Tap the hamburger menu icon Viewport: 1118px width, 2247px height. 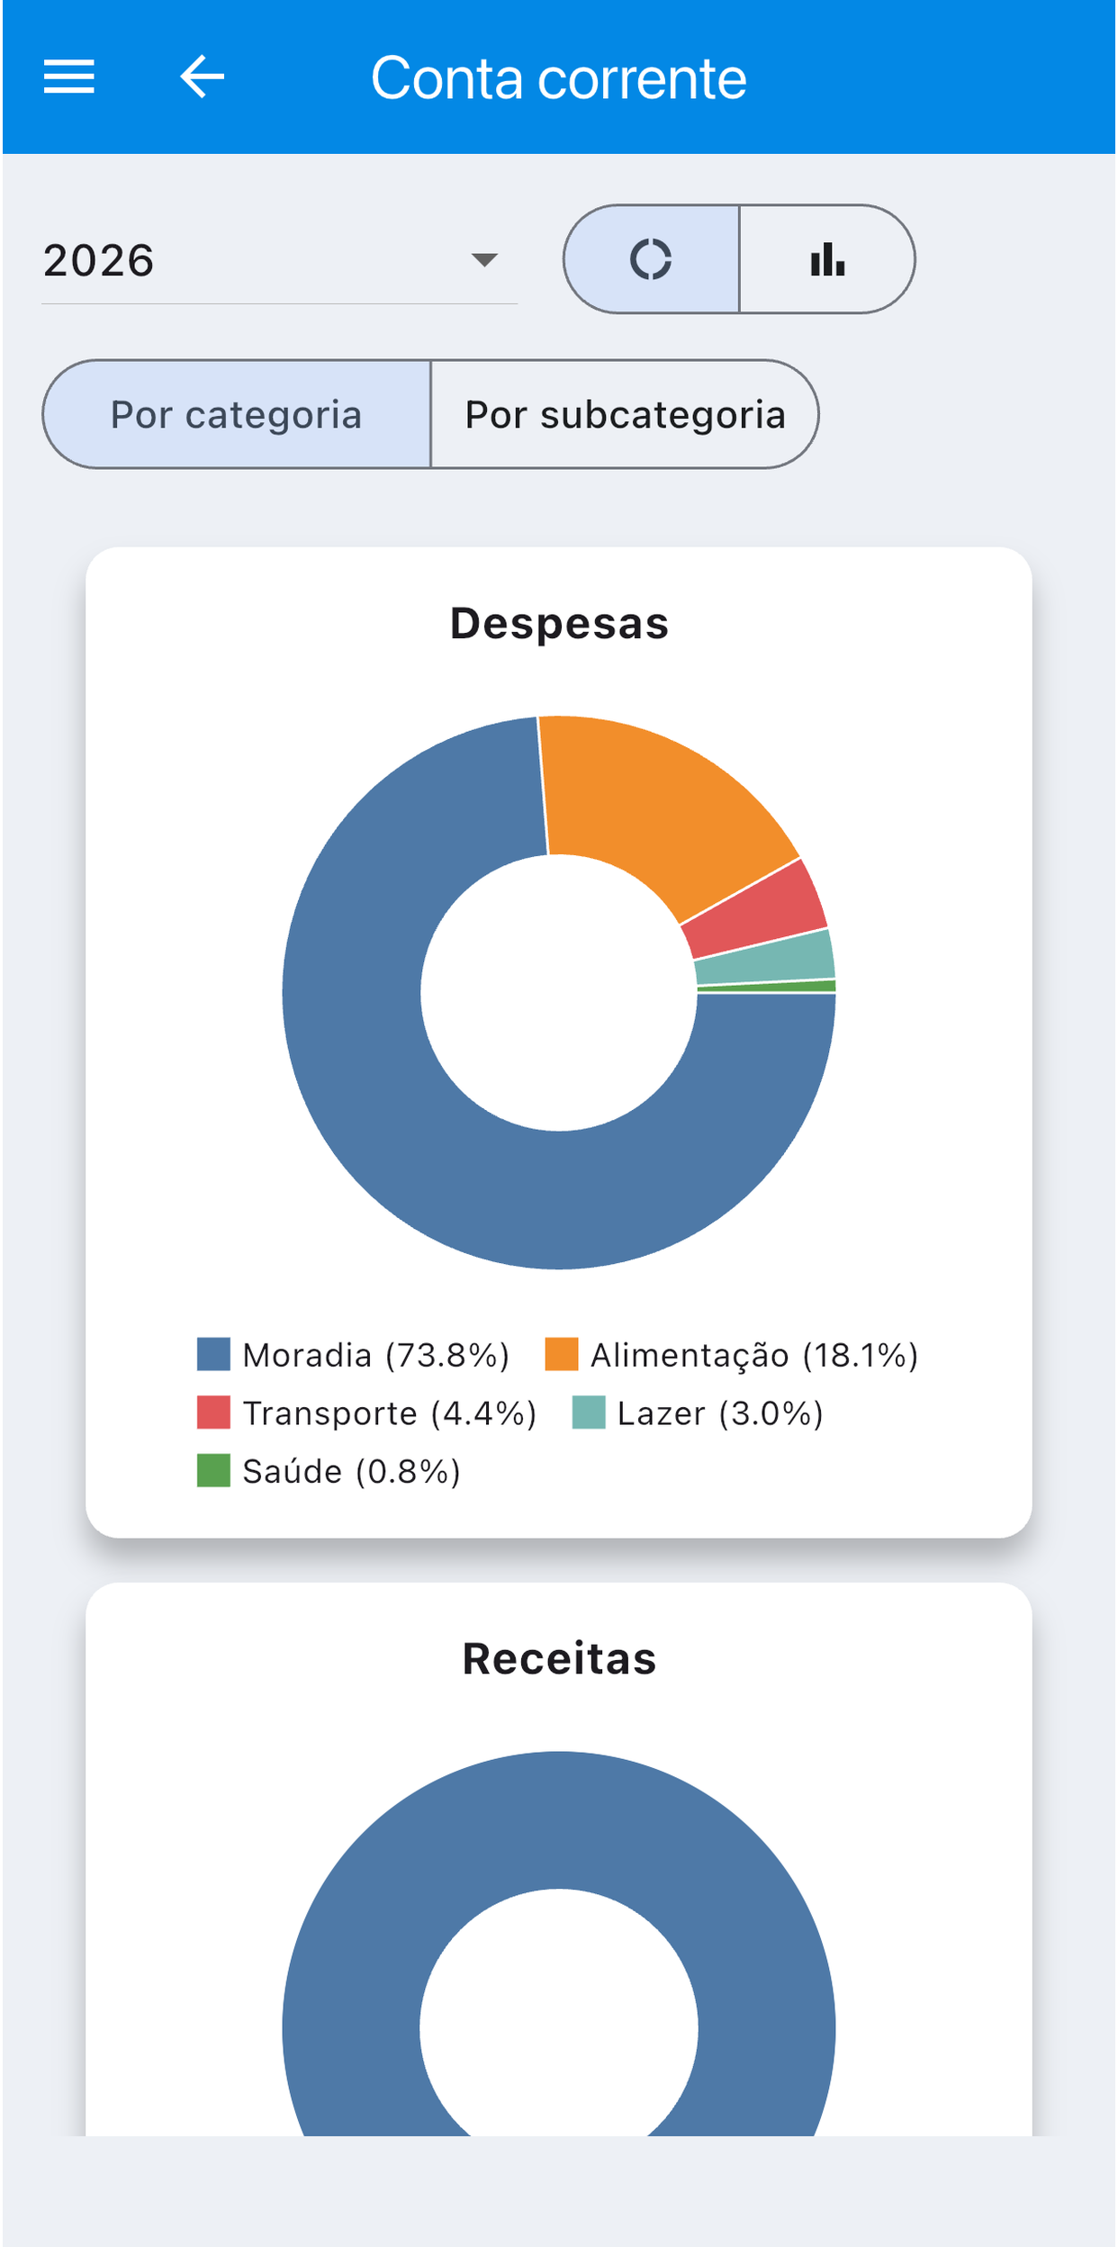(x=69, y=77)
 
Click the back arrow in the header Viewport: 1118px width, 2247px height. (x=202, y=77)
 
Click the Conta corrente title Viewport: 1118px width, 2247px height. (x=559, y=78)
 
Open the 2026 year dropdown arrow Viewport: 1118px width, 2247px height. (x=484, y=260)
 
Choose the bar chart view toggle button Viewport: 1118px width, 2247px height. (x=827, y=259)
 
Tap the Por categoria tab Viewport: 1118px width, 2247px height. (x=237, y=414)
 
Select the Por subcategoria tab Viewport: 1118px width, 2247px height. (x=625, y=414)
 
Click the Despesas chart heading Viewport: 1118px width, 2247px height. (x=559, y=623)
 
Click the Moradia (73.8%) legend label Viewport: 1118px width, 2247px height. (x=376, y=1355)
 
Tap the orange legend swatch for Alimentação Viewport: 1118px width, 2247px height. (x=562, y=1354)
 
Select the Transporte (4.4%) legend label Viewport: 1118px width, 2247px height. (x=390, y=1413)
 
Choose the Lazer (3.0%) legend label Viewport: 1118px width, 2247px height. (x=720, y=1413)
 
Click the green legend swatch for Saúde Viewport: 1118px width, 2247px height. (x=213, y=1471)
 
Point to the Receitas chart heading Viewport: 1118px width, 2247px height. (x=559, y=1658)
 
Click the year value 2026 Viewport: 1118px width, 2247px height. (x=99, y=261)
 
